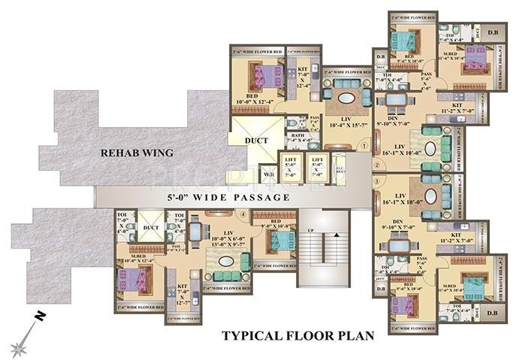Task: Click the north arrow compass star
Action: (19, 345)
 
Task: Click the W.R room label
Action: (268, 177)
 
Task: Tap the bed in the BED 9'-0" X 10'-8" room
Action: (278, 241)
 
